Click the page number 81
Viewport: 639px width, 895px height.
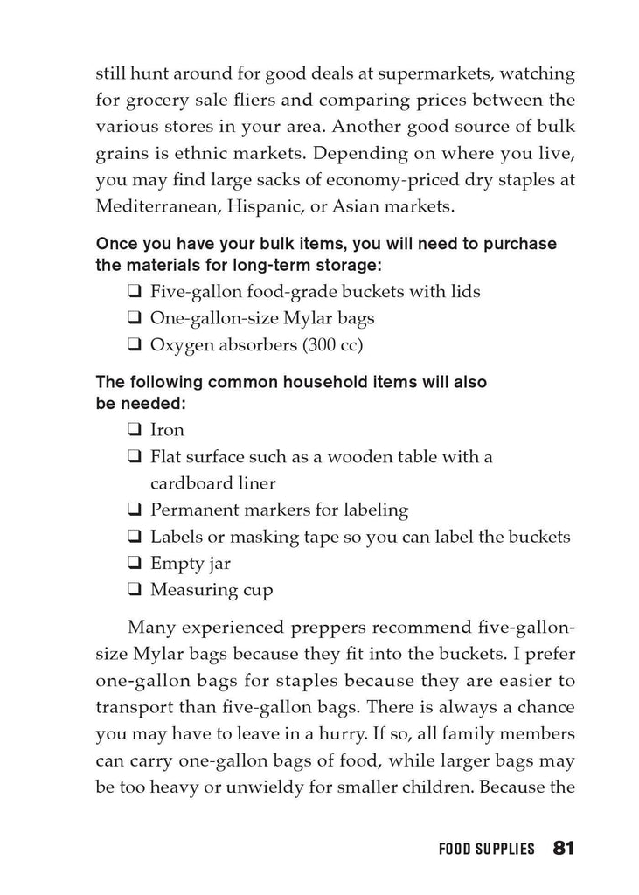(x=562, y=848)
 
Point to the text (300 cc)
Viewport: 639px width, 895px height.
(x=332, y=344)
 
